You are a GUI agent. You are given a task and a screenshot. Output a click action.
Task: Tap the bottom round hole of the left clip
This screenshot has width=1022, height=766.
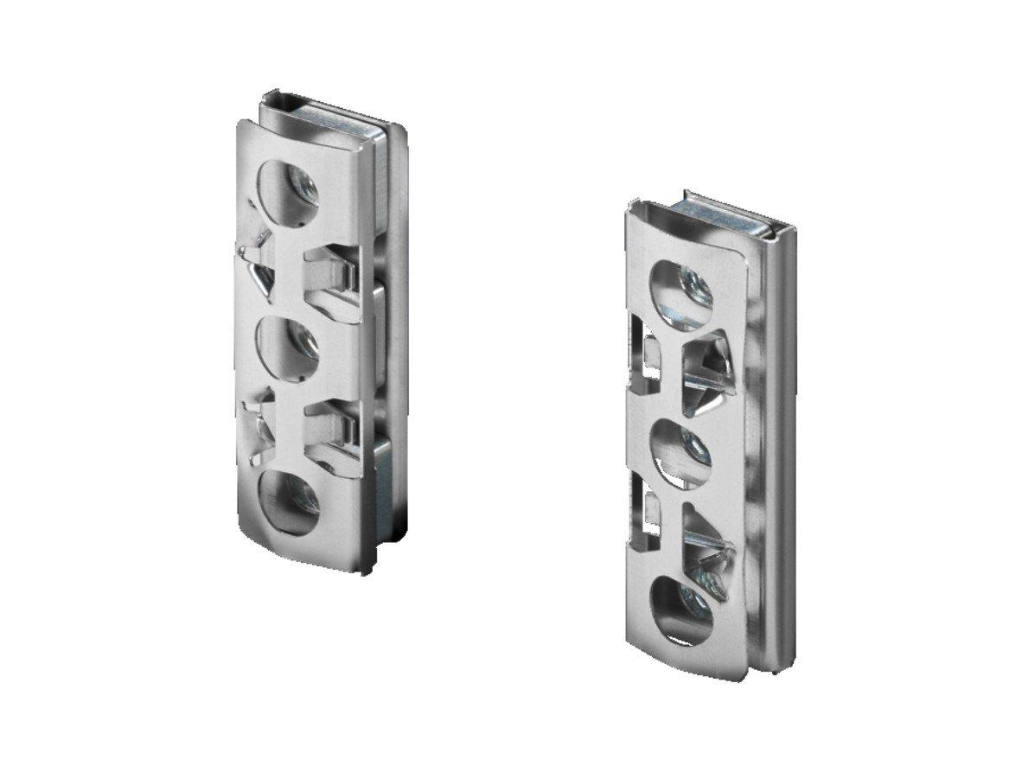(288, 502)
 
